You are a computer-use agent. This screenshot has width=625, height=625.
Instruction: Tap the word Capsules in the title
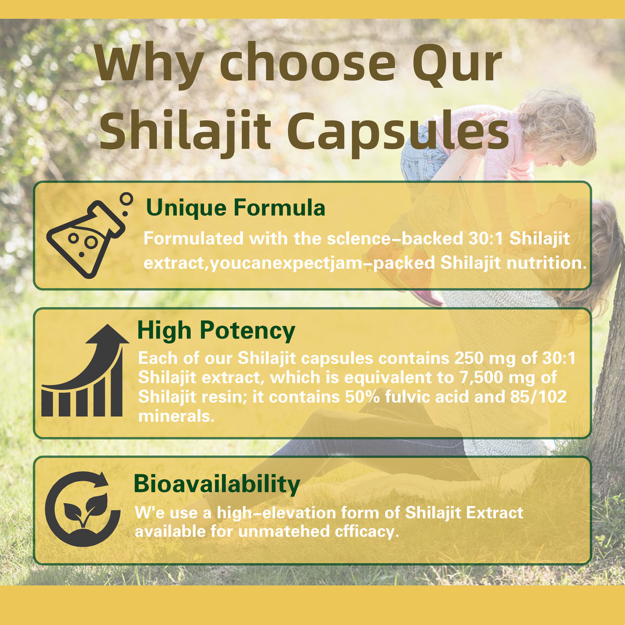coord(398,131)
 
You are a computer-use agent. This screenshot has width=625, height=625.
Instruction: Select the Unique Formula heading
coord(235,208)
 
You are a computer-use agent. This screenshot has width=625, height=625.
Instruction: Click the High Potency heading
coord(216,331)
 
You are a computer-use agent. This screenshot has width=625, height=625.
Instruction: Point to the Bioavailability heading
coord(217,484)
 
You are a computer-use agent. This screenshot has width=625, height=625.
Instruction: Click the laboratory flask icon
coord(90,235)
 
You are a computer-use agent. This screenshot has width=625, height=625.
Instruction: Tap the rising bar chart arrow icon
coord(85,370)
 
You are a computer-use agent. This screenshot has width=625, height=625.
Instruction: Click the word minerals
coord(176,416)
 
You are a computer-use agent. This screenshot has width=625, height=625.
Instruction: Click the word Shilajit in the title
coord(185,131)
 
